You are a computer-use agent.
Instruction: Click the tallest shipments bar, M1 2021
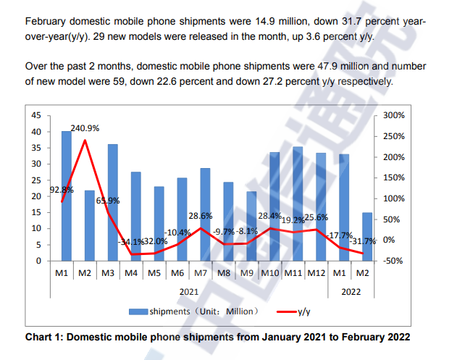pos(66,196)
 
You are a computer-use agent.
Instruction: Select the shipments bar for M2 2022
pos(366,236)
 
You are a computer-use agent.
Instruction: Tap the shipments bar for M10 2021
pos(274,206)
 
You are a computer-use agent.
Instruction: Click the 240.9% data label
pos(85,128)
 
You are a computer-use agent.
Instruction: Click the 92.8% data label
pos(62,190)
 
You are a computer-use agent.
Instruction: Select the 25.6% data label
pos(316,217)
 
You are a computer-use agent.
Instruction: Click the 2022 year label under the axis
pos(351,292)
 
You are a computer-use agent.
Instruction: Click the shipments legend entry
pos(192,311)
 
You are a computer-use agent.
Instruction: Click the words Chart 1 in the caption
pos(45,337)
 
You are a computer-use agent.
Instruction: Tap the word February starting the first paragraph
pos(48,22)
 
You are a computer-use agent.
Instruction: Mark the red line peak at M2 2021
pos(86,140)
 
